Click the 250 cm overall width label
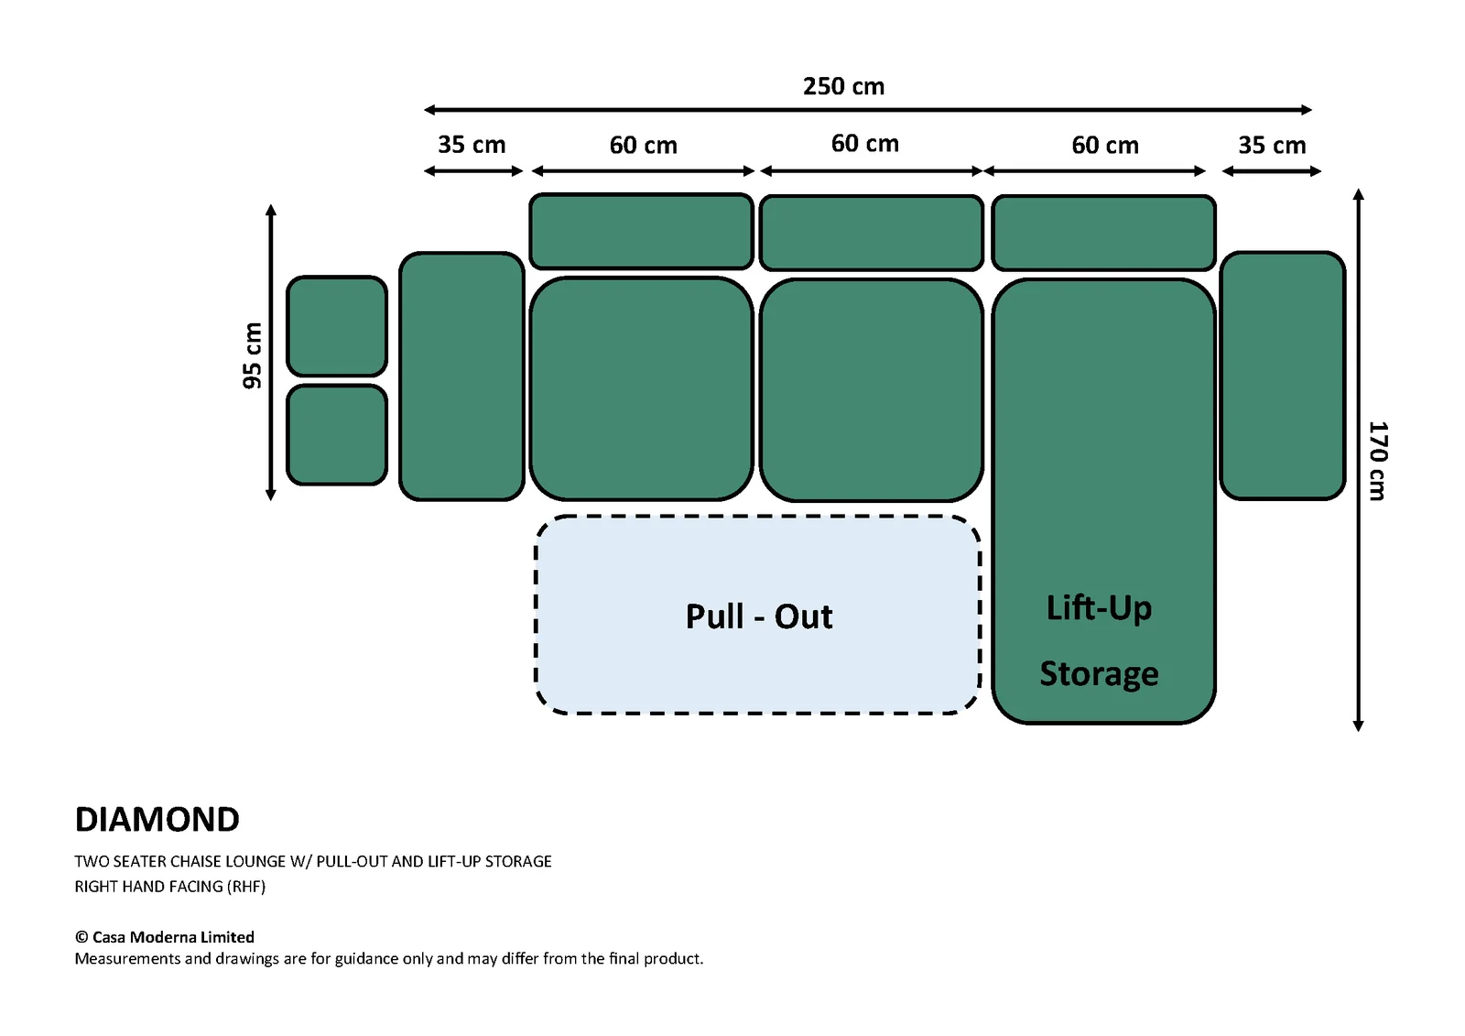pyautogui.click(x=843, y=86)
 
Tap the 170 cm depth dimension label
pyautogui.click(x=1377, y=461)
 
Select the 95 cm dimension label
pyautogui.click(x=252, y=355)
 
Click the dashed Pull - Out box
pyautogui.click(x=757, y=615)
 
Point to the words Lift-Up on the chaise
pyautogui.click(x=1099, y=608)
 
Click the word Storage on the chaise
pyautogui.click(x=1099, y=674)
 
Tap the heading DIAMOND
pyautogui.click(x=157, y=820)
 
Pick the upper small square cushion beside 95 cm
pyautogui.click(x=337, y=326)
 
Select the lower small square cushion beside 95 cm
pyautogui.click(x=337, y=434)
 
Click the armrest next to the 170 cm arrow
pyautogui.click(x=1283, y=376)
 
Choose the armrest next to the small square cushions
pyautogui.click(x=461, y=376)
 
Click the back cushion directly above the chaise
pyautogui.click(x=1104, y=233)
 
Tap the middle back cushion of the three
pyautogui.click(x=872, y=233)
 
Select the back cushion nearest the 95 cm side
pyautogui.click(x=642, y=231)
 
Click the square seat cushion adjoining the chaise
pyautogui.click(x=872, y=390)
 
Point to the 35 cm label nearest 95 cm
pyautogui.click(x=472, y=145)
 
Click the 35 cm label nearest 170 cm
pyautogui.click(x=1272, y=146)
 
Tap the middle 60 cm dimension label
pyautogui.click(x=864, y=144)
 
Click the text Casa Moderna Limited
pyautogui.click(x=173, y=937)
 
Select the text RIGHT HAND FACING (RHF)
pyautogui.click(x=170, y=887)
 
